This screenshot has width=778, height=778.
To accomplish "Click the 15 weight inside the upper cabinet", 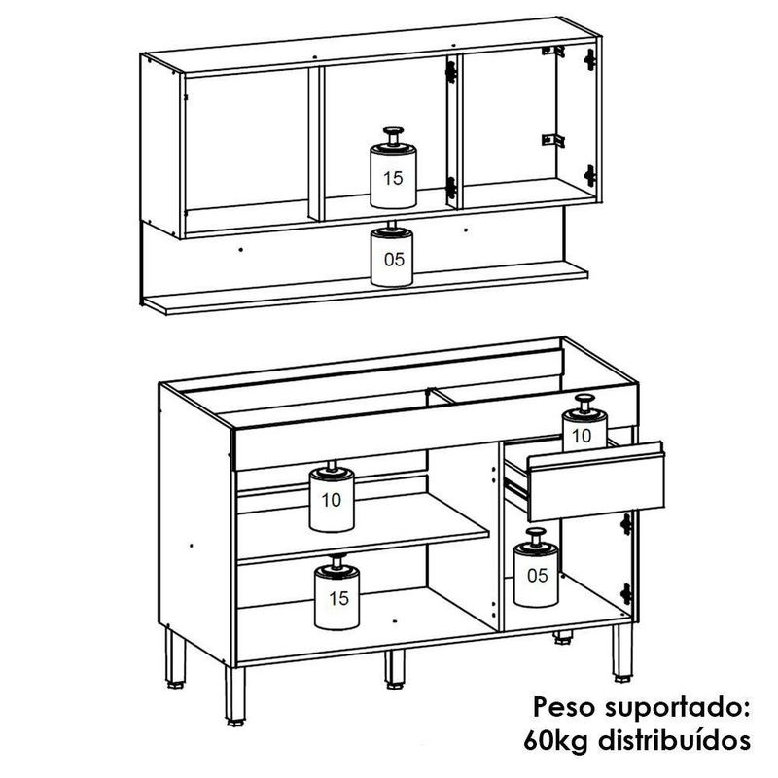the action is coord(393,168).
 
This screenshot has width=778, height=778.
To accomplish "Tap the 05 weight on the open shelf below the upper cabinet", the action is coord(392,254).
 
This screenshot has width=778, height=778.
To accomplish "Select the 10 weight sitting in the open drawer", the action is coord(584,423).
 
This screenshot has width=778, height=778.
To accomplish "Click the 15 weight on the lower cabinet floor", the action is coord(336,592).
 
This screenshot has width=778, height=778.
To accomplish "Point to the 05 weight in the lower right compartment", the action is coord(536,568).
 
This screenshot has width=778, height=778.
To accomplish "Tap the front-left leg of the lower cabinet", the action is coord(235,696).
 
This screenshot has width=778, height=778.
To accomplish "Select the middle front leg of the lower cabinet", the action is coord(395,669).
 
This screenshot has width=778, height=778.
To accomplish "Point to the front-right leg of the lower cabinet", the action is coord(622,653).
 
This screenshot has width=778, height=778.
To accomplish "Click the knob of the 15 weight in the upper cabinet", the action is coord(393,135).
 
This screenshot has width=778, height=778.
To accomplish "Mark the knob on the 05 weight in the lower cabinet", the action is coord(536,535).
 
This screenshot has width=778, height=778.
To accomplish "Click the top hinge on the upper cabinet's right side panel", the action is coord(589,59).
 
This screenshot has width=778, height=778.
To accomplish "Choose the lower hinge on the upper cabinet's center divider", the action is coord(450,188).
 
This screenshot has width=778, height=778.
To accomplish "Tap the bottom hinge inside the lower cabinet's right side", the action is coord(626,594).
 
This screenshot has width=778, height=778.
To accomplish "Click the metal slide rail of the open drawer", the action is coord(516,487).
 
